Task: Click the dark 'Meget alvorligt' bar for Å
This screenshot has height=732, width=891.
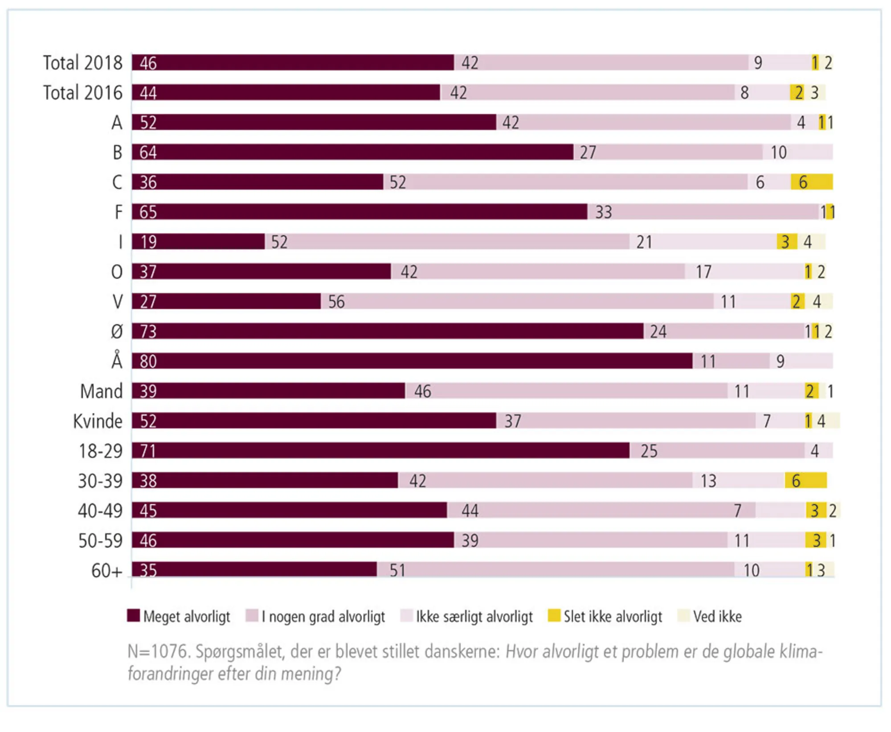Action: [412, 361]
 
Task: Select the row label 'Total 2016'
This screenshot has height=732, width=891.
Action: [82, 93]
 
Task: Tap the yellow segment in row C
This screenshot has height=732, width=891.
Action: [812, 182]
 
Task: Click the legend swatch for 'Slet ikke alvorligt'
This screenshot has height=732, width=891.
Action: [554, 615]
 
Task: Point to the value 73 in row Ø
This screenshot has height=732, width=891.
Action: [148, 331]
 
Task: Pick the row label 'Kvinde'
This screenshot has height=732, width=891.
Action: [98, 421]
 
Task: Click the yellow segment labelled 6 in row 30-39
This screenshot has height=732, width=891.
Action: [805, 480]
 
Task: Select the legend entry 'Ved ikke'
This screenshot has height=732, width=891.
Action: [717, 616]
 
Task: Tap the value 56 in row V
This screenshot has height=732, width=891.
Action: [336, 302]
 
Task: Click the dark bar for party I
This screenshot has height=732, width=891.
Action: [198, 241]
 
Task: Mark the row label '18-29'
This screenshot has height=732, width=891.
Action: [100, 451]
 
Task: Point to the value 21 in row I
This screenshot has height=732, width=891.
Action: [644, 242]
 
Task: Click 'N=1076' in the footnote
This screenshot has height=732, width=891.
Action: [159, 651]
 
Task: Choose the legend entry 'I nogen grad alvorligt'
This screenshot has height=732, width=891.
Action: [323, 616]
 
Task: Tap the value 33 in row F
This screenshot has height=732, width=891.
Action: [604, 212]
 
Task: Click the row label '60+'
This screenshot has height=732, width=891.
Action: [106, 570]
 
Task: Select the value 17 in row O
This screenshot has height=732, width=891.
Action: [703, 272]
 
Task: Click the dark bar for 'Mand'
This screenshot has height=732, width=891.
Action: [268, 391]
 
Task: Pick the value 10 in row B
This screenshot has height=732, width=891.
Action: [778, 152]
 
